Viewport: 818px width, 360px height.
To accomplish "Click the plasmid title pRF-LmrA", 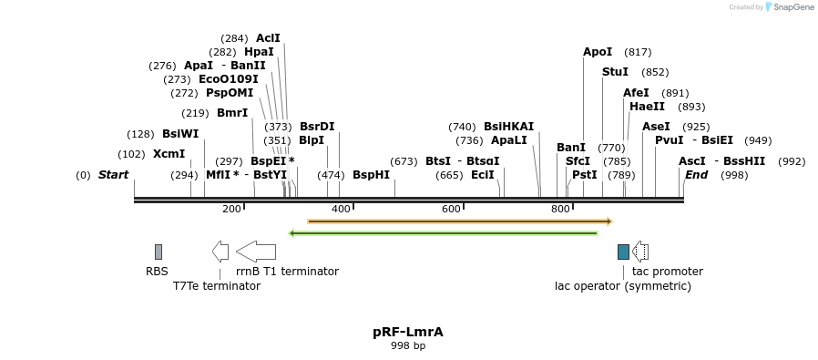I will click(x=408, y=333).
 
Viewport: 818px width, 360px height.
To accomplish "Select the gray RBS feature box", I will click(x=158, y=252).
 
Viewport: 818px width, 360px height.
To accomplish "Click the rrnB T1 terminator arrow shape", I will click(x=256, y=251).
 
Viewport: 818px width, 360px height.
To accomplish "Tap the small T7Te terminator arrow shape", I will click(x=220, y=251).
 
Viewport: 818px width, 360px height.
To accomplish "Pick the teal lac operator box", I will click(x=623, y=252).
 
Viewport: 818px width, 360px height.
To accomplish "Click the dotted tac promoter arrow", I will click(x=640, y=252).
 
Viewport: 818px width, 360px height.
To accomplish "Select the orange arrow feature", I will click(x=460, y=221).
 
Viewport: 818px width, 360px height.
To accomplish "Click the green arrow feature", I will click(x=443, y=233).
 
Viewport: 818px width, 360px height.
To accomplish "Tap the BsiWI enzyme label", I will click(x=180, y=134).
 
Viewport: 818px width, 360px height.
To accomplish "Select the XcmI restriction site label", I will click(x=169, y=154).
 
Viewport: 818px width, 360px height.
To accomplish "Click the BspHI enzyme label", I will click(x=371, y=174).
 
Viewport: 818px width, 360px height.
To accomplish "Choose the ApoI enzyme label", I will click(x=598, y=52).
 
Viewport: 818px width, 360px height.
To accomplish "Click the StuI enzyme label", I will click(x=615, y=72).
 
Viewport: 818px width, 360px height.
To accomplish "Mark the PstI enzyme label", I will click(x=585, y=174).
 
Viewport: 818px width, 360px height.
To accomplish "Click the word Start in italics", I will click(x=114, y=174).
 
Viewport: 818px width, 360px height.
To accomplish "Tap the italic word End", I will click(x=696, y=174).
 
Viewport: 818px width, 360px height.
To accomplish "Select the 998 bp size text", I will click(x=408, y=346).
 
